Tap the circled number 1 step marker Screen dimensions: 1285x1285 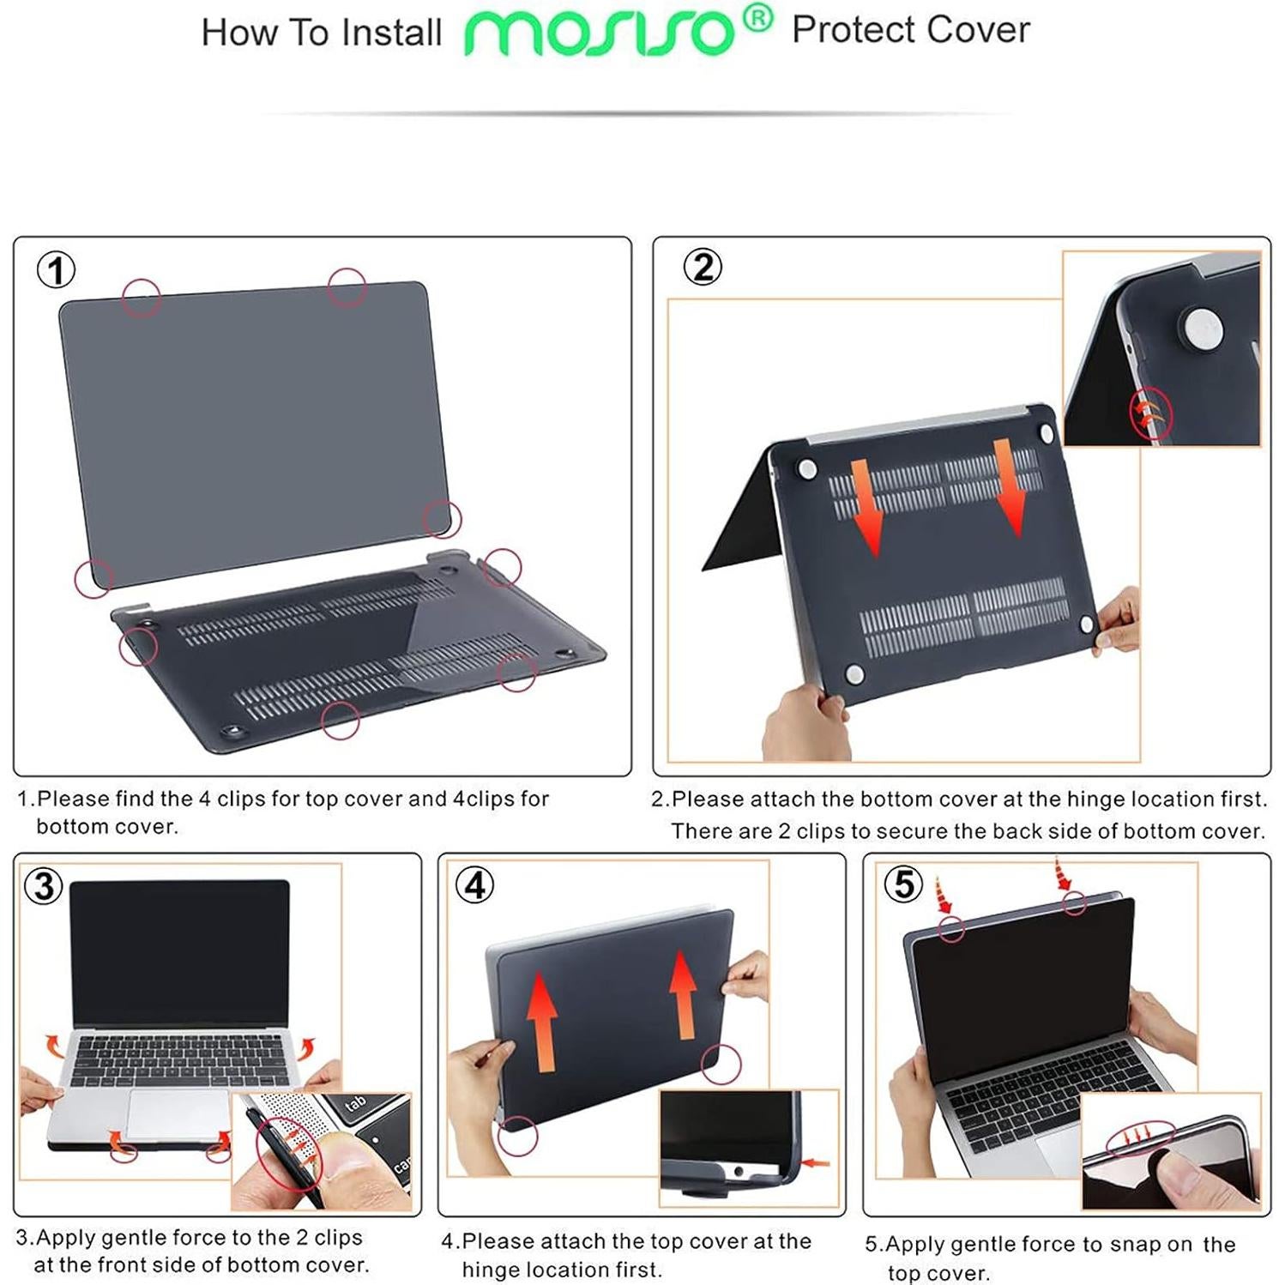click(x=56, y=270)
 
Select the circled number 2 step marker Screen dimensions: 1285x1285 click(x=703, y=267)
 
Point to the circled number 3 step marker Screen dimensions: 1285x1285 click(x=44, y=885)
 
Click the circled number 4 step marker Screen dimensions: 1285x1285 click(x=474, y=884)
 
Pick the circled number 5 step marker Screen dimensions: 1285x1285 click(x=903, y=884)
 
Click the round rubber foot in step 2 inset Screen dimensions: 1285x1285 click(x=1200, y=329)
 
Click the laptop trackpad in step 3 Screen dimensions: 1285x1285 click(x=177, y=1116)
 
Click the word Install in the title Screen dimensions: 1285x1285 click(x=391, y=33)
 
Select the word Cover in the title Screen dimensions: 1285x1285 click(x=978, y=30)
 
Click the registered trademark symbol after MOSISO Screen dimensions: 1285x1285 click(x=757, y=17)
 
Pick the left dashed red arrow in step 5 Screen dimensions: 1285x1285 click(x=944, y=897)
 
